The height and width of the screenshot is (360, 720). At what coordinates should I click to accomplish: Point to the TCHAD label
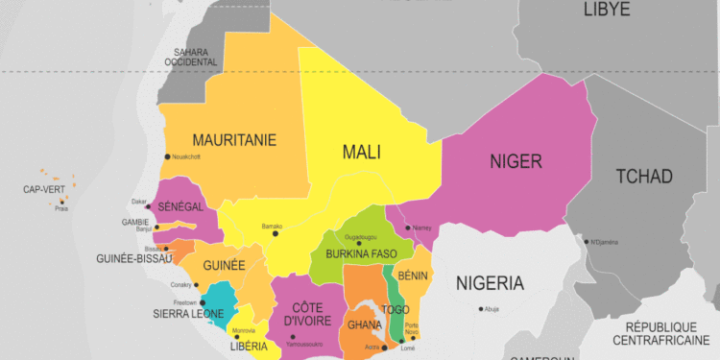point(644,176)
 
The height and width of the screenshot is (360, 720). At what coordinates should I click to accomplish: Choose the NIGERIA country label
point(490,283)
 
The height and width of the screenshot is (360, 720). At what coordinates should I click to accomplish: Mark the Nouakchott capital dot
point(168,156)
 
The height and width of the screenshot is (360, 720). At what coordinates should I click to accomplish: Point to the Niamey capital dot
point(408,228)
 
